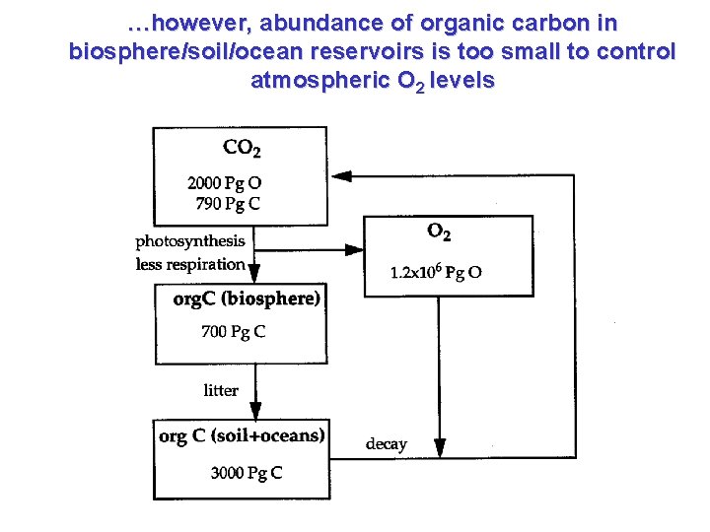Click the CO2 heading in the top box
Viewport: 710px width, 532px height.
coord(243,149)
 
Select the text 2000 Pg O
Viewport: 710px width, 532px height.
coord(225,183)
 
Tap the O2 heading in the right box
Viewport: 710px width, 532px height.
coord(440,233)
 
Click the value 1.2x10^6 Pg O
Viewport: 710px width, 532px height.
coord(436,273)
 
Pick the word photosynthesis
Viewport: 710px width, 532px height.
coord(190,240)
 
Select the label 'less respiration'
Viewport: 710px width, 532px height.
coord(189,264)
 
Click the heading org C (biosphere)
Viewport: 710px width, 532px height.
coord(246,299)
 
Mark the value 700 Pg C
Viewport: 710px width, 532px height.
coord(233,332)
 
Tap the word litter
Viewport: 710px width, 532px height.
coord(221,391)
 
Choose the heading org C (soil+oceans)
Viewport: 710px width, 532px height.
coord(243,435)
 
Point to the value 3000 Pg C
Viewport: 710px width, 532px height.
coord(247,473)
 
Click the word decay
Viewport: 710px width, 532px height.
coord(386,444)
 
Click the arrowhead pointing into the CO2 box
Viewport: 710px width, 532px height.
coord(340,176)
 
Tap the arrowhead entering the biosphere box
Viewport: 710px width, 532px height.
coord(255,275)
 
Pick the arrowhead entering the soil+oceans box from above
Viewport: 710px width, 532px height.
coord(255,411)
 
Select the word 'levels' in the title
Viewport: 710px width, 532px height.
coord(459,80)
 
